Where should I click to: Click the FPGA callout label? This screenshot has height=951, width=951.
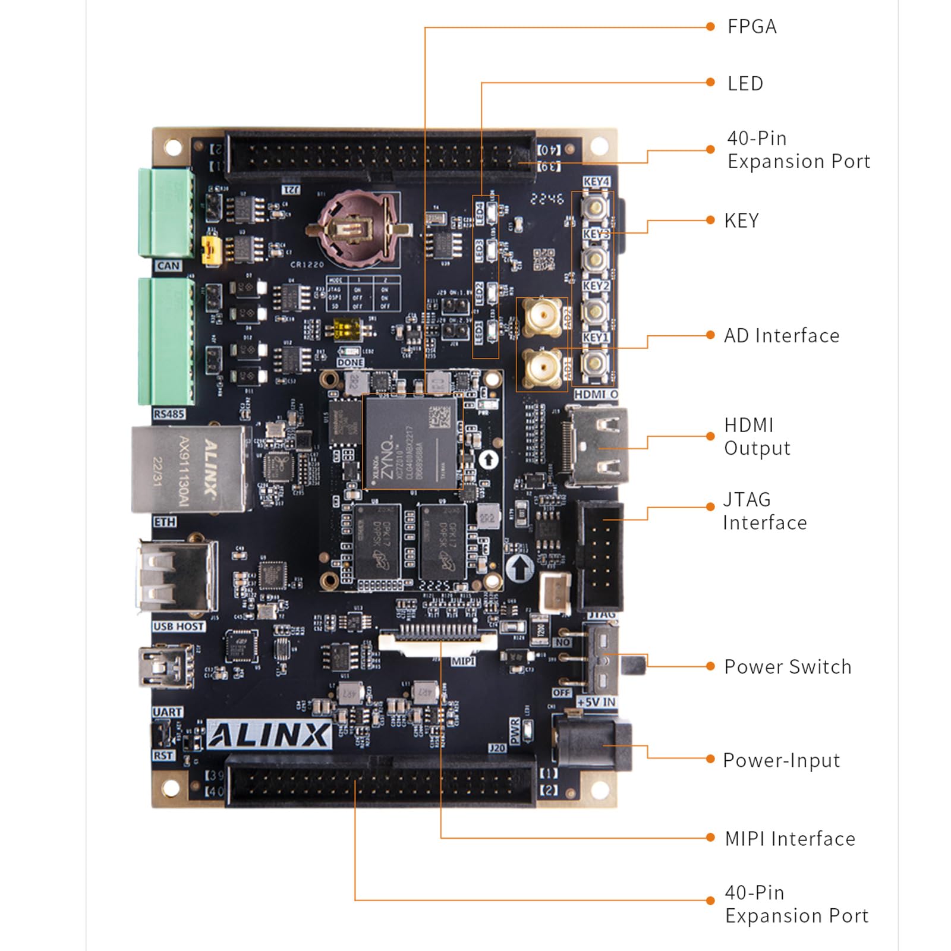(x=752, y=27)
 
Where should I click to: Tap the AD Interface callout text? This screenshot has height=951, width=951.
(x=781, y=336)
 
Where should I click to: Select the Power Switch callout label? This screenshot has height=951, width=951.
(x=787, y=667)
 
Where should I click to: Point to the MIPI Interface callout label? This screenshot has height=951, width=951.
(x=790, y=839)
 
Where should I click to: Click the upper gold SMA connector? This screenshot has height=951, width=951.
(x=541, y=317)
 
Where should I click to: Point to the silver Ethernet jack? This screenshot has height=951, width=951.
(x=189, y=468)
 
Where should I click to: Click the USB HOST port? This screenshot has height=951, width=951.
(x=177, y=575)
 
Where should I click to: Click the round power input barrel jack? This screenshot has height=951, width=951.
(x=591, y=743)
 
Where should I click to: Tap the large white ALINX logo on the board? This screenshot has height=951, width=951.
(x=269, y=735)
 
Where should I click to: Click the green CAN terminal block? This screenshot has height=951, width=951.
(x=166, y=213)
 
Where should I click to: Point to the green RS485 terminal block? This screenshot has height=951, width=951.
(x=166, y=341)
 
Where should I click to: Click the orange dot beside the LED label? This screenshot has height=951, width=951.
(x=710, y=83)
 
